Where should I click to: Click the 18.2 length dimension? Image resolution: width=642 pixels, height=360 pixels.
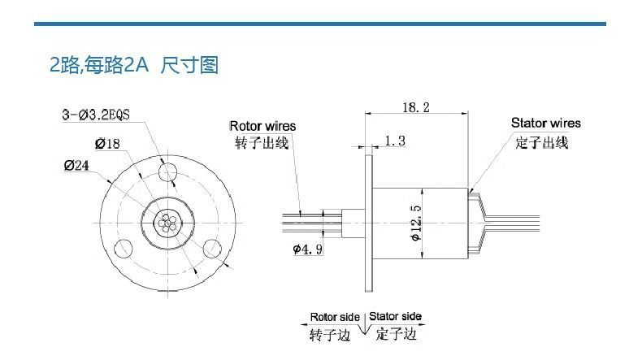(416, 106)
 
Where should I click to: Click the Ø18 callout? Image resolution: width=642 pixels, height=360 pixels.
(107, 144)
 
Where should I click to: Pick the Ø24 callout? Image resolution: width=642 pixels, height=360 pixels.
(80, 166)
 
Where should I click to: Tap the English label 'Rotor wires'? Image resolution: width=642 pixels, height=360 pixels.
(262, 126)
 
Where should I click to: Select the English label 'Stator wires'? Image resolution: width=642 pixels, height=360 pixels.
(546, 124)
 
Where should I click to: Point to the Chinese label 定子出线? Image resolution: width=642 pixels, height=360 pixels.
(541, 142)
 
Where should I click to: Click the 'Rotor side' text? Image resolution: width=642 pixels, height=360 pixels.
(335, 316)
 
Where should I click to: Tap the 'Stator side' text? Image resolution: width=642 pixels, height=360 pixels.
(396, 316)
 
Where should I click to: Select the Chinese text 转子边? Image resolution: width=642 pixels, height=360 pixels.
(330, 335)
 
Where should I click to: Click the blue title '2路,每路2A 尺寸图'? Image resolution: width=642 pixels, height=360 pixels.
(134, 66)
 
